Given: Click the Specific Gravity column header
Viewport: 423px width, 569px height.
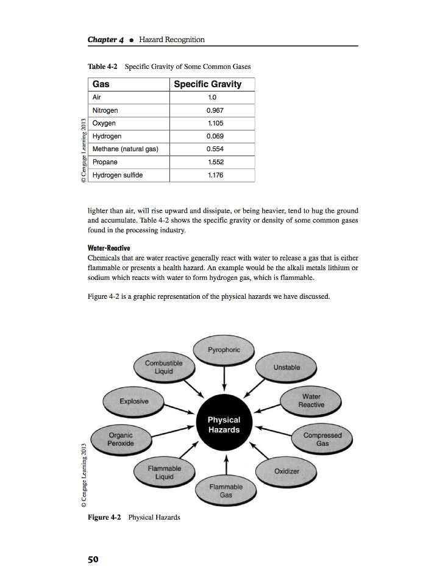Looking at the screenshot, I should point(207,84).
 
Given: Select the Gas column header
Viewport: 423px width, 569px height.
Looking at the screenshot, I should point(101,84).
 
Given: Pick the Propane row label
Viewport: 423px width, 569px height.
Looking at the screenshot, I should point(105,162).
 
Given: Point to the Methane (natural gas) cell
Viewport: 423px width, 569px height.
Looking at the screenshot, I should point(124,149).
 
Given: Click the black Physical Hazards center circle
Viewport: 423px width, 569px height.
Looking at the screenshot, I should point(224,424).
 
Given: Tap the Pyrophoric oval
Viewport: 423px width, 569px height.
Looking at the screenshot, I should point(224,350).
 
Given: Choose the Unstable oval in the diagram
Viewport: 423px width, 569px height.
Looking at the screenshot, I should point(286,368).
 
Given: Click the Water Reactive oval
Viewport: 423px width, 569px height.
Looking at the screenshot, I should point(311,400).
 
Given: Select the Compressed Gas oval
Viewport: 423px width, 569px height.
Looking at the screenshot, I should point(322,439).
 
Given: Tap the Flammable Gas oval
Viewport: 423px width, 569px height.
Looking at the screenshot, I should point(226,491).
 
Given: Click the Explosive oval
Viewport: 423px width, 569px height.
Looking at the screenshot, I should point(133,401).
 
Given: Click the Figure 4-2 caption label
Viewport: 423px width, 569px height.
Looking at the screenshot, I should point(104,517).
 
